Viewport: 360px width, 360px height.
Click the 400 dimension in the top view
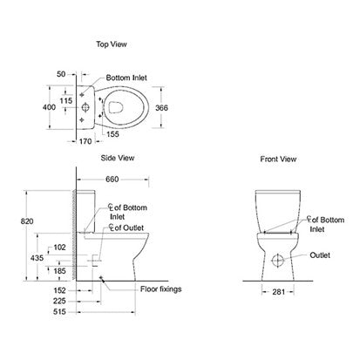click(x=51, y=108)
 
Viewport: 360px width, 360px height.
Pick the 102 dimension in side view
click(x=58, y=248)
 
